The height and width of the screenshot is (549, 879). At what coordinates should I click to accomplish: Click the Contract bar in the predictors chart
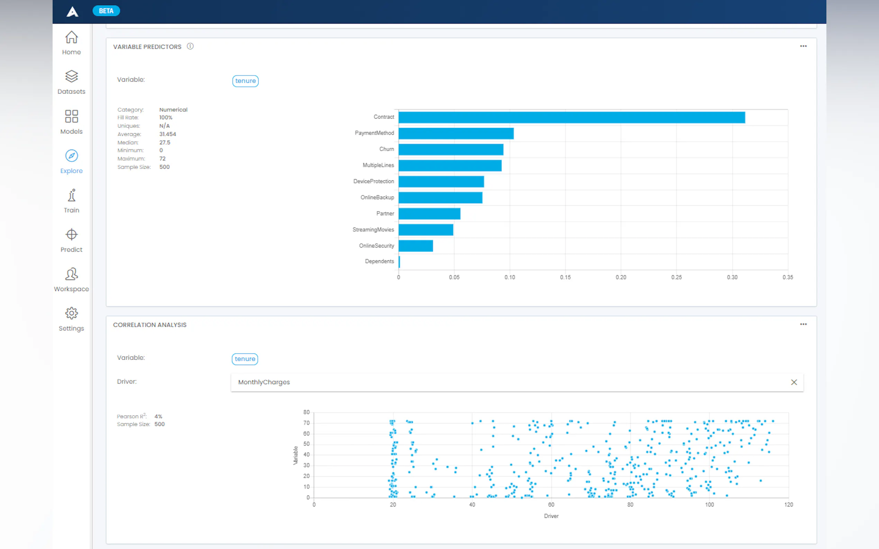[571, 117]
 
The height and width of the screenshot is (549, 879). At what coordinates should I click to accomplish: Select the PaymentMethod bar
[456, 133]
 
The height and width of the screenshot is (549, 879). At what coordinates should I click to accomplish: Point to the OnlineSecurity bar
[415, 246]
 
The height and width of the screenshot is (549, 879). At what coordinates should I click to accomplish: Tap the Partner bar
[429, 214]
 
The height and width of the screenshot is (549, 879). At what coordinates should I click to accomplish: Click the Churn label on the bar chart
[386, 149]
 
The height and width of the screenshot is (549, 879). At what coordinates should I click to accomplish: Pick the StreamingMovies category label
[373, 230]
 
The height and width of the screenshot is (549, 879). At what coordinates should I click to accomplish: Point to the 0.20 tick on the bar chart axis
[620, 277]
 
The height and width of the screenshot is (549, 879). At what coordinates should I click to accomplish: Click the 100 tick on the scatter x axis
[709, 505]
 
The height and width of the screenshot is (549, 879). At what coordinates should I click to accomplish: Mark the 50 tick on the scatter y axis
[306, 444]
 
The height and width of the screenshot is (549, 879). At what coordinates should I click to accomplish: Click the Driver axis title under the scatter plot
[551, 516]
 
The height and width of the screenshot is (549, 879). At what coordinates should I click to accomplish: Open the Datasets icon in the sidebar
[72, 76]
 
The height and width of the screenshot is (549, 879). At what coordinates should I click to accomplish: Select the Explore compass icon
[72, 156]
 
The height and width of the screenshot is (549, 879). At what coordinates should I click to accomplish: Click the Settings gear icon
[72, 313]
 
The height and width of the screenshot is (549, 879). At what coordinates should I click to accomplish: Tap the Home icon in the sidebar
[72, 37]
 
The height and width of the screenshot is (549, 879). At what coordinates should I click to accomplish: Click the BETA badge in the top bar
[106, 11]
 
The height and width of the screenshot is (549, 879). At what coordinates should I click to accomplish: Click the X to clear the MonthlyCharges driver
[794, 382]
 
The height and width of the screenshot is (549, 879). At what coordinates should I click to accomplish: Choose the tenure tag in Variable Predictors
[245, 81]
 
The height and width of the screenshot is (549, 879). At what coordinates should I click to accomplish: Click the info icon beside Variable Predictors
[190, 46]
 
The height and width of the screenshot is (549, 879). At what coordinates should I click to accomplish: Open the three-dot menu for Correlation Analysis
[803, 324]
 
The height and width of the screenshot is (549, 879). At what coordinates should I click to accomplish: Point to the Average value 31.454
[167, 134]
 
